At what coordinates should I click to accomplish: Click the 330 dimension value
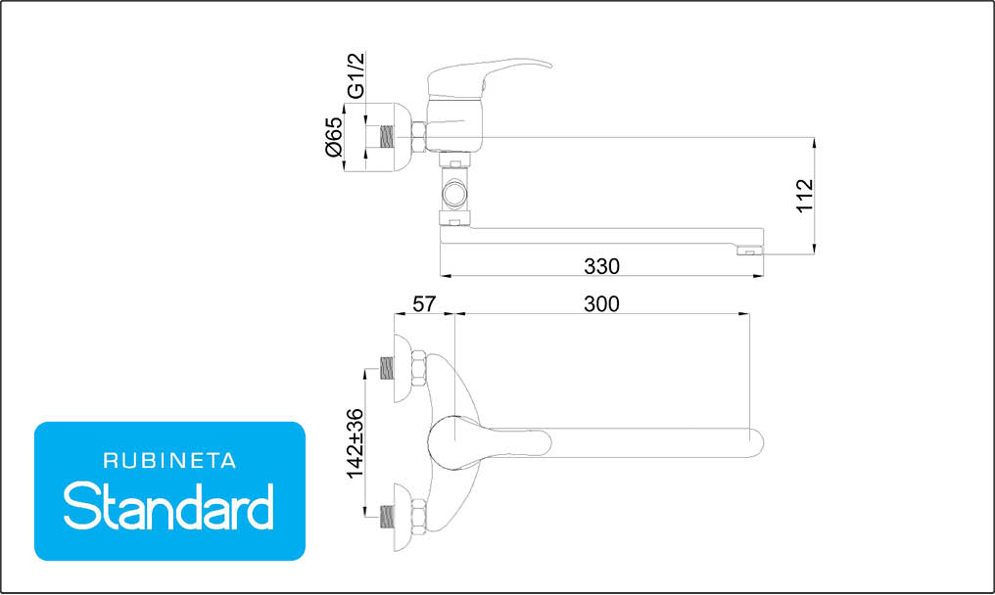click(601, 266)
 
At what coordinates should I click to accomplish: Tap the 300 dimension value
click(601, 304)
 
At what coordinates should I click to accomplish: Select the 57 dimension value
click(424, 304)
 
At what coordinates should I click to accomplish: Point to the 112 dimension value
click(805, 196)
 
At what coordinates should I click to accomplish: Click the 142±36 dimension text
click(355, 444)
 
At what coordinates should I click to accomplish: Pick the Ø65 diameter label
click(333, 137)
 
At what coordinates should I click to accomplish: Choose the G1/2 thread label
click(356, 75)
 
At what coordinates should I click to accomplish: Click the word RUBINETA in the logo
click(169, 461)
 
